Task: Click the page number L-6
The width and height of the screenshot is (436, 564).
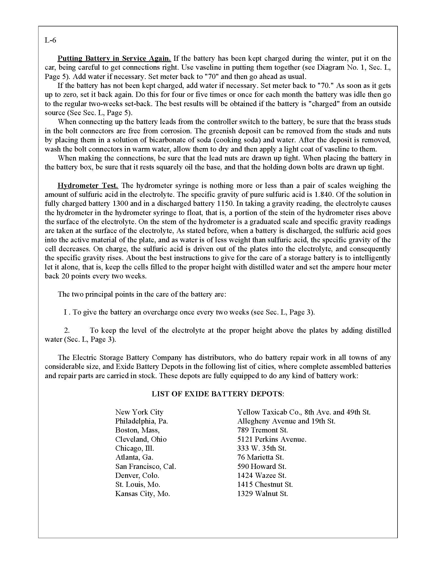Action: click(50, 40)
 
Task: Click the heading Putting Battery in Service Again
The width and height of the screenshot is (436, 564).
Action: click(114, 58)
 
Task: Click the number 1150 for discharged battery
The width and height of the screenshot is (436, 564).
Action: click(224, 204)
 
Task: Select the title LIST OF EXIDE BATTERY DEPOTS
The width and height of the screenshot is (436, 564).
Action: click(217, 394)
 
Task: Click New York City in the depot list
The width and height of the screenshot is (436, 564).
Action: click(139, 412)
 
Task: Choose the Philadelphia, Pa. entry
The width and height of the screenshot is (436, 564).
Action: click(142, 421)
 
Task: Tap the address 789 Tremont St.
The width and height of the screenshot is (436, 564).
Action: click(262, 430)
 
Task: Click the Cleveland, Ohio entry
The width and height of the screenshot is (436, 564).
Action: click(141, 439)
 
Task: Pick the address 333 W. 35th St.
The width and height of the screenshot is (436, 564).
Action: click(262, 448)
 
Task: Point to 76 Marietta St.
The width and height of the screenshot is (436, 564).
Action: click(260, 457)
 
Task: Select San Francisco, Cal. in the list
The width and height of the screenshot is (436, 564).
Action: click(145, 466)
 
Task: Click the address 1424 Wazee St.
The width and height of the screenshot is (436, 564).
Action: click(262, 475)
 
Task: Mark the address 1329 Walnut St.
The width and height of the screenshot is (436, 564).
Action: click(262, 493)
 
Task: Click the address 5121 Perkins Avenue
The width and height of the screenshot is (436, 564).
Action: click(272, 439)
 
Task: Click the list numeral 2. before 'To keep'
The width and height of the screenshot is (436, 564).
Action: click(67, 330)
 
